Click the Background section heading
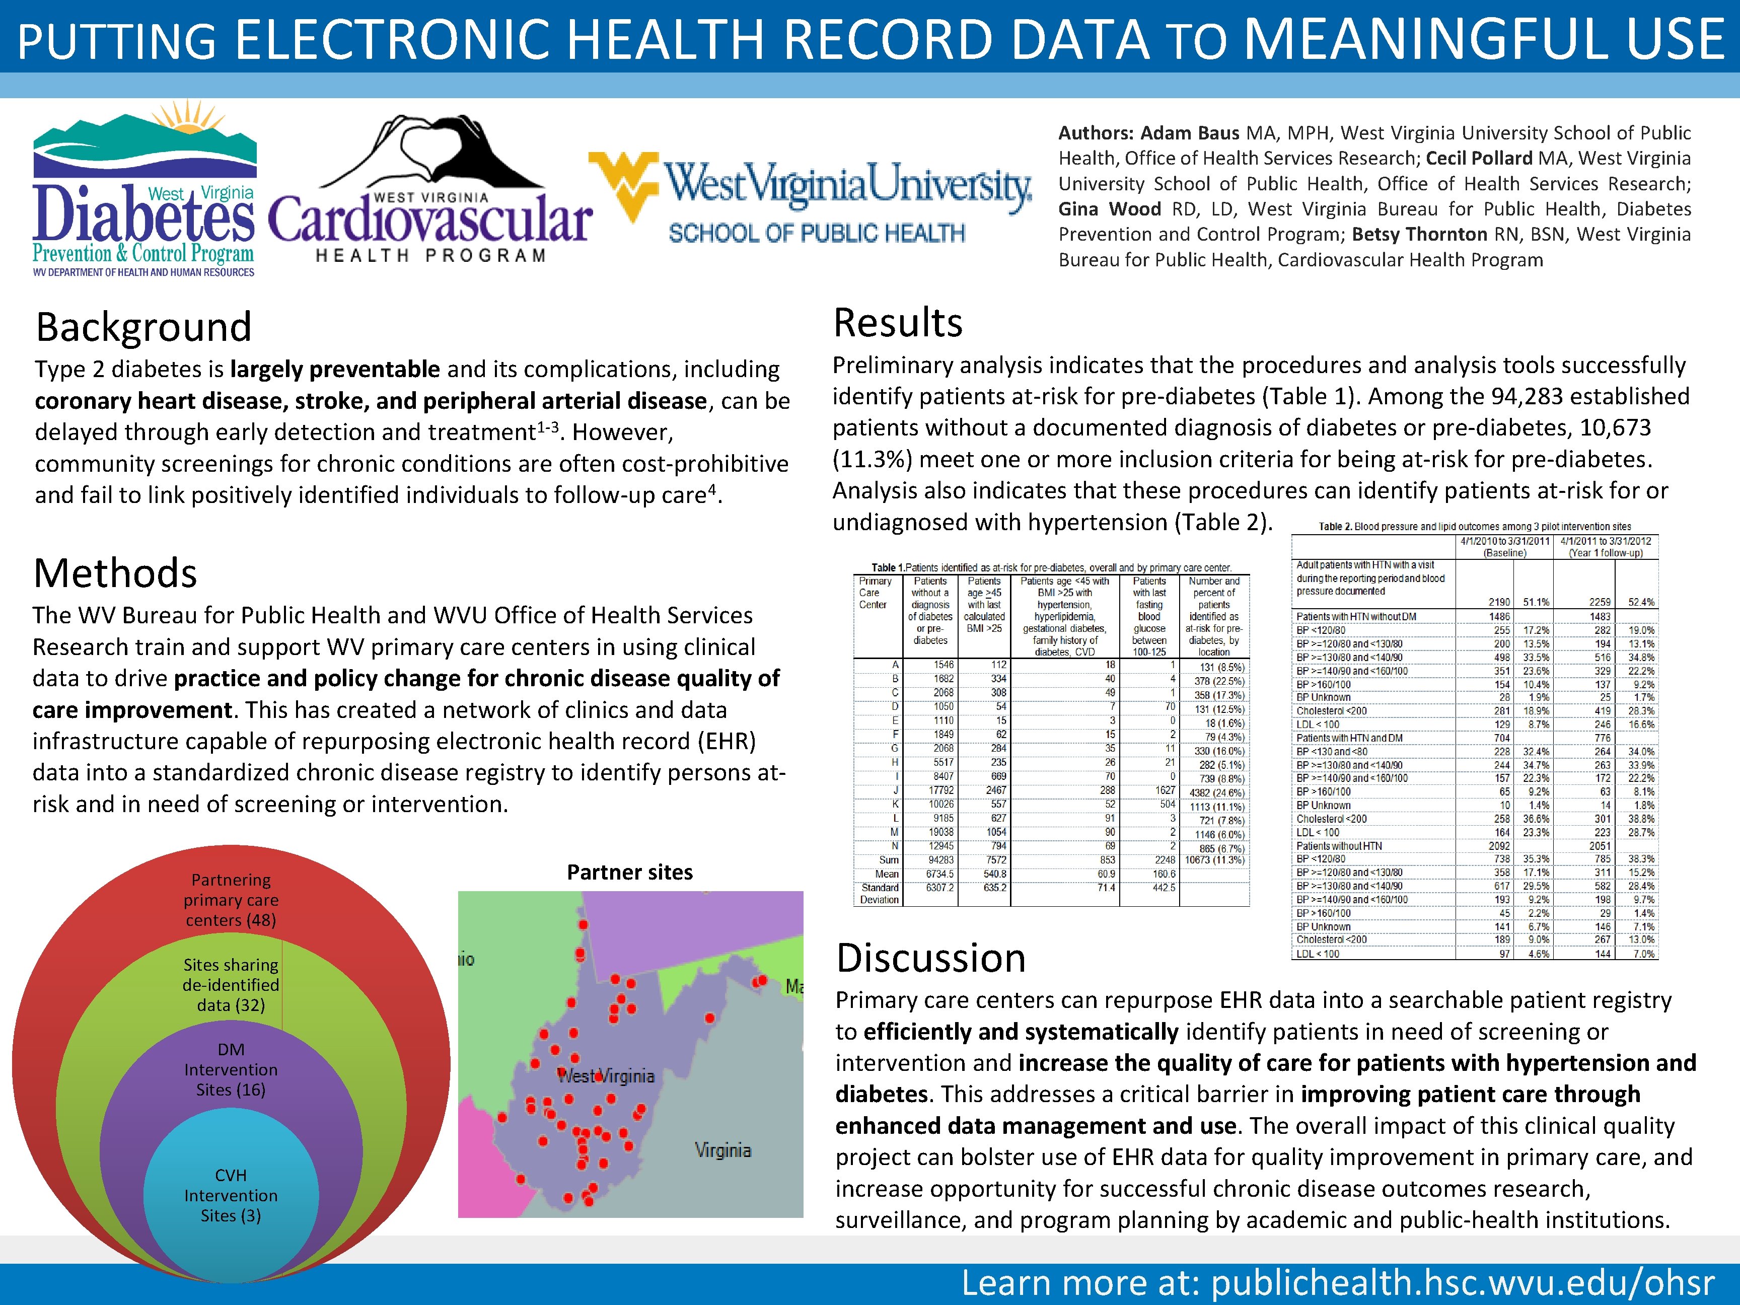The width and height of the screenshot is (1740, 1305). tap(144, 327)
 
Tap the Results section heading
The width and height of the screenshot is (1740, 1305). tap(898, 323)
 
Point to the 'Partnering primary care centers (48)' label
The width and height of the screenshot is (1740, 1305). tap(231, 900)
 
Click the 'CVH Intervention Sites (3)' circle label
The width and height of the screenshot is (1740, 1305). tap(231, 1195)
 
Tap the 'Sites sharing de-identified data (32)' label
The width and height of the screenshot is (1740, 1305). tap(231, 985)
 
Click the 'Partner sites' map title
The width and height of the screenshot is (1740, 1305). tap(629, 873)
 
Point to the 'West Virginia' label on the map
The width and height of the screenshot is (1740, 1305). tap(606, 1076)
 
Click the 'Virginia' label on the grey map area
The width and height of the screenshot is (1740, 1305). tap(722, 1150)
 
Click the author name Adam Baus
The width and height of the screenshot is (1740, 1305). tap(1189, 133)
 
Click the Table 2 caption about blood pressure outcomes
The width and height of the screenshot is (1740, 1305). tap(1474, 526)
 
